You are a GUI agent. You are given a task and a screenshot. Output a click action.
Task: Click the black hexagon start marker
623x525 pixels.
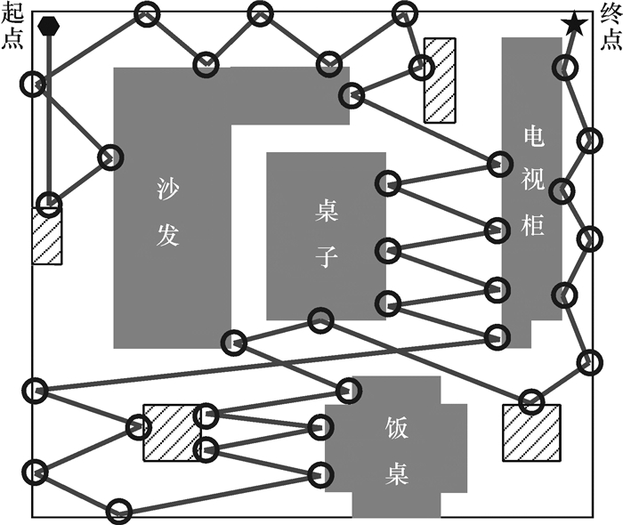point(49,26)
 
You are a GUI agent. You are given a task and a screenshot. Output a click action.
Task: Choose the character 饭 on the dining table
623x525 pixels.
point(397,425)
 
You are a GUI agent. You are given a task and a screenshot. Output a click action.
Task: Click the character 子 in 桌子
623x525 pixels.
point(327,258)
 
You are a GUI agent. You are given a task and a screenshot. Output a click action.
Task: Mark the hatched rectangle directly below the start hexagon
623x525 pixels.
point(47,235)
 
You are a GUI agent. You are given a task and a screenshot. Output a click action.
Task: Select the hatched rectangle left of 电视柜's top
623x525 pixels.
point(440,80)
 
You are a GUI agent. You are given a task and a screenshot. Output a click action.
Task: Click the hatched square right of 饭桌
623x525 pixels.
point(531,432)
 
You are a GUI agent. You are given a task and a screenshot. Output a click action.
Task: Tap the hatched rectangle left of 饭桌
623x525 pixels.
point(171,432)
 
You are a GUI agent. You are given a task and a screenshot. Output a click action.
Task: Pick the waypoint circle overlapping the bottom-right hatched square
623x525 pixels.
point(531,401)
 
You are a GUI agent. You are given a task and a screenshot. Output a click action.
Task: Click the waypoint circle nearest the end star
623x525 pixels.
point(562,65)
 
